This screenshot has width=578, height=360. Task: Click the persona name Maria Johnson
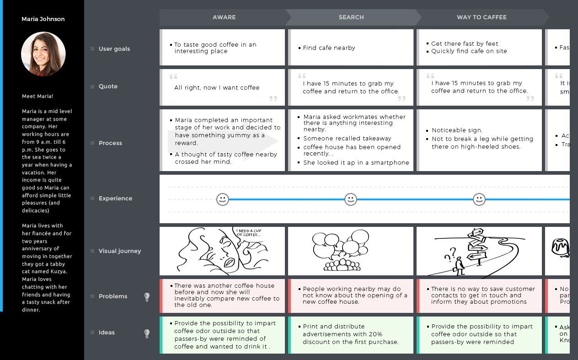[43, 19]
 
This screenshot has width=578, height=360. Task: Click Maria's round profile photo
[43, 54]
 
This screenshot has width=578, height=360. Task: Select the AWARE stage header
[224, 17]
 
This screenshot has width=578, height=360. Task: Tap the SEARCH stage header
[351, 17]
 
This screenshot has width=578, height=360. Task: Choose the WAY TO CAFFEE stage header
[482, 17]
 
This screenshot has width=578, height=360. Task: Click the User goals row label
[114, 49]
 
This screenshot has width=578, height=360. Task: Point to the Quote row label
[108, 86]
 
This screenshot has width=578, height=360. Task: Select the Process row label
[110, 143]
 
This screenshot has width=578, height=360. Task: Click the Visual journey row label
[120, 251]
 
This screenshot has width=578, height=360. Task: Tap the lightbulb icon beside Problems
[147, 297]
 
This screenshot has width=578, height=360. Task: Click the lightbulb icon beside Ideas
[147, 333]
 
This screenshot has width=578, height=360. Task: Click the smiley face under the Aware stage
[223, 199]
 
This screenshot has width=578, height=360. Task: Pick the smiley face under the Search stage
[351, 199]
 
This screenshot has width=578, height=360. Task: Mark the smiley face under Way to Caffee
[479, 199]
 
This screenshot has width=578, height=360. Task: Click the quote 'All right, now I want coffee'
[217, 88]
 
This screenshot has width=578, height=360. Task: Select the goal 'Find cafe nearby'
[329, 48]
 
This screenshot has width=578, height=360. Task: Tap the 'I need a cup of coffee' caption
[248, 233]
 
